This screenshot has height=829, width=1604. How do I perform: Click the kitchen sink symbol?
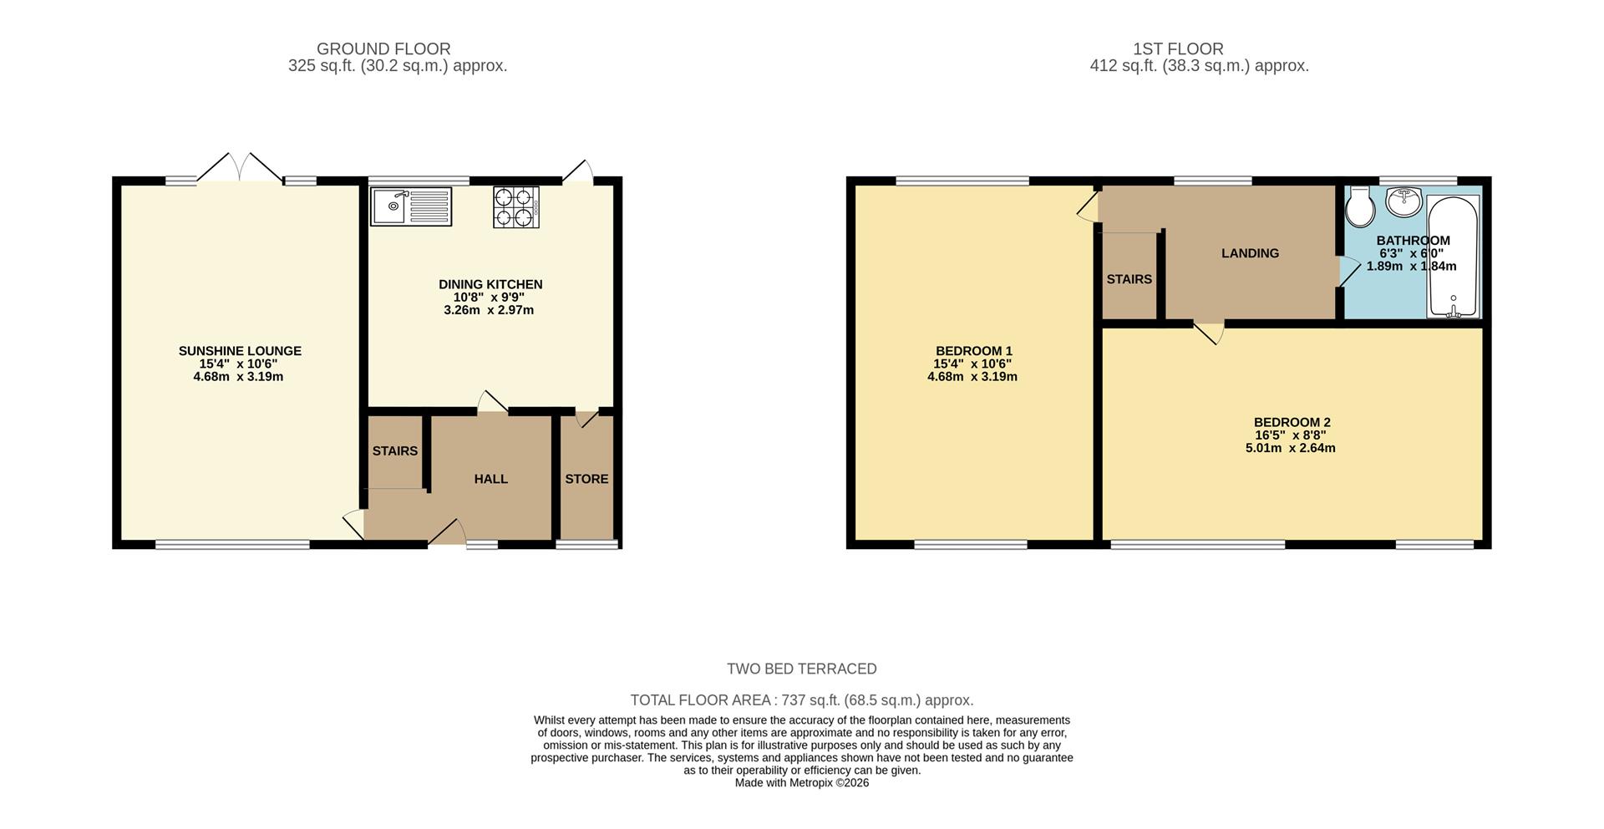click(x=411, y=206)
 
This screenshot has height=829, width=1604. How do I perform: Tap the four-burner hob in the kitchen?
click(x=515, y=206)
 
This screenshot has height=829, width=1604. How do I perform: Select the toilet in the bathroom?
click(x=1360, y=206)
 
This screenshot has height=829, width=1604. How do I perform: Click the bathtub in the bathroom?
click(x=1454, y=256)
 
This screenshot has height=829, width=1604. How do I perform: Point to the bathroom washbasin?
click(x=1403, y=201)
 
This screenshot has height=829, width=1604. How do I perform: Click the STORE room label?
click(x=586, y=479)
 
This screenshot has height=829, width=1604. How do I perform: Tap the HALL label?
click(x=490, y=479)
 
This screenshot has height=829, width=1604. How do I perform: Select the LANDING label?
click(x=1250, y=253)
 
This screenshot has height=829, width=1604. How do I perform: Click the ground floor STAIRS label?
click(x=394, y=451)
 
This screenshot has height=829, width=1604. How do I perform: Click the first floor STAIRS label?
click(x=1129, y=279)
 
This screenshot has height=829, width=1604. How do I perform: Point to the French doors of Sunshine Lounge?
click(x=241, y=168)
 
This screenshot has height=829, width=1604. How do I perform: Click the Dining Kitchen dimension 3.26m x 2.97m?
click(x=489, y=310)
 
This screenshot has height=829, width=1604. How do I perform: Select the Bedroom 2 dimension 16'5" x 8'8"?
click(x=1290, y=435)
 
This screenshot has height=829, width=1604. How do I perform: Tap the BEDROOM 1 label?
click(x=973, y=351)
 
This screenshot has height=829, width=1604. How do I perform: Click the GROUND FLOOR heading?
click(x=383, y=49)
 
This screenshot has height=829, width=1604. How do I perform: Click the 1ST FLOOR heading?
click(x=1178, y=49)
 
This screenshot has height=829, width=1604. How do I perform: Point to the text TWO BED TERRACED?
click(x=801, y=669)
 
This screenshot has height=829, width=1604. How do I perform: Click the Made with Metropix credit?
click(x=801, y=783)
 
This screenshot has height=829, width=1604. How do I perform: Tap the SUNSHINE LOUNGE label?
click(x=240, y=351)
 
